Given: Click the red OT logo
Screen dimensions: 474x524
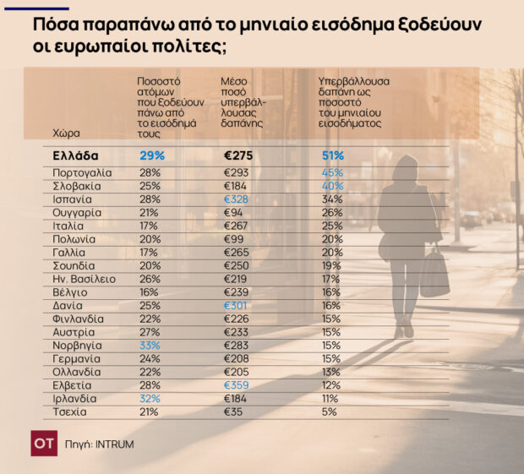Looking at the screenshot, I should pos(44,444).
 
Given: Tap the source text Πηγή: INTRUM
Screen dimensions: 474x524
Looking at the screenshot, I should pos(101,444).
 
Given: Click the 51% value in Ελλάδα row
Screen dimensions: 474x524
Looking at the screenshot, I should pos(332,155).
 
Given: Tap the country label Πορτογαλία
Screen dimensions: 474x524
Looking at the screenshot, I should pos(82,172).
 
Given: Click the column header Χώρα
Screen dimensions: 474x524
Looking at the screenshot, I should pos(65,133).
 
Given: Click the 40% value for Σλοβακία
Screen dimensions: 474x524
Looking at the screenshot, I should pos(331,186).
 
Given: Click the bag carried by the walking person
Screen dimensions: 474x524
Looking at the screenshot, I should pos(434,273).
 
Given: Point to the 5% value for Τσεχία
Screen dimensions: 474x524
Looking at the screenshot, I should pos(329,411).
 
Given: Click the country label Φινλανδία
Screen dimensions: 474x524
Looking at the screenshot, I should pos(78,319).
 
